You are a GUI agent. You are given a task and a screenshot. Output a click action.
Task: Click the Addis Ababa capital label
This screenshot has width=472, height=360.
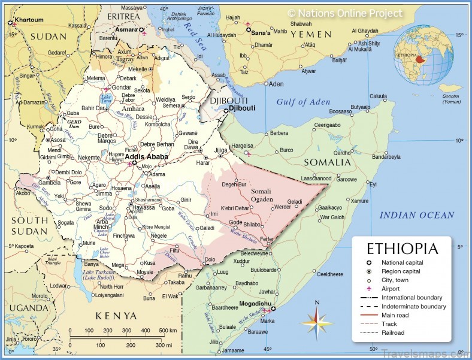pyautogui.click(x=146, y=156)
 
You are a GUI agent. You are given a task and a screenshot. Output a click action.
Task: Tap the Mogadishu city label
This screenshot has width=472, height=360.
pyautogui.click(x=256, y=303)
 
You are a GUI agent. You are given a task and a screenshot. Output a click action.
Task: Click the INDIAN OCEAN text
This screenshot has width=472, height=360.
pyautogui.click(x=417, y=215)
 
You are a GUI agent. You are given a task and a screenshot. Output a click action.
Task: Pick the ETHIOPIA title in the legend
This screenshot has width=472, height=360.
pyautogui.click(x=402, y=249)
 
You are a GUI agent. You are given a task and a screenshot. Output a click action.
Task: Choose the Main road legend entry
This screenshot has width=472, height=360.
pyautogui.click(x=395, y=315)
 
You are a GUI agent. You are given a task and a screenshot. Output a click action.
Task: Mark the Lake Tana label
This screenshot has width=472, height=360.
pyautogui.click(x=107, y=98)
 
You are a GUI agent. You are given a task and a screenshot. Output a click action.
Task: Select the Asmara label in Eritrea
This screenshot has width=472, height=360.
pyautogui.click(x=126, y=29)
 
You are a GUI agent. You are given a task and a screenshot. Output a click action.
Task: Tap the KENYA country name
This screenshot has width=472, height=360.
pyautogui.click(x=117, y=316)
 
